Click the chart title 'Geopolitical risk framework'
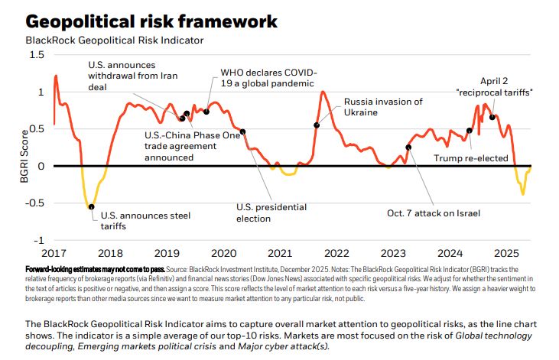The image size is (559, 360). coord(151,21)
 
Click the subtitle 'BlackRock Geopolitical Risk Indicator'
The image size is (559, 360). coord(115,40)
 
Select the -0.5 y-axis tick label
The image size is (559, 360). coord(34,203)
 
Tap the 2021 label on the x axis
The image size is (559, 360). coord(279,253)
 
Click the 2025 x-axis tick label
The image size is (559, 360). coord(505,253)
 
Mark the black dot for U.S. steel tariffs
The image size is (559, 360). coord(92,206)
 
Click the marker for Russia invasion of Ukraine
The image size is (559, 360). coord(317,125)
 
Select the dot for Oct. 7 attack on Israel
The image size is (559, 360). coord(408,148)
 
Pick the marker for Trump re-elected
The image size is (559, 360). coord(470,130)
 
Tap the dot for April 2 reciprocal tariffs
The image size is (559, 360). coord(492,118)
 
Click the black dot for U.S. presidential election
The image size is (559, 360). coord(242,131)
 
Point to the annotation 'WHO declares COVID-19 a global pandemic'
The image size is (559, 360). coord(268,77)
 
